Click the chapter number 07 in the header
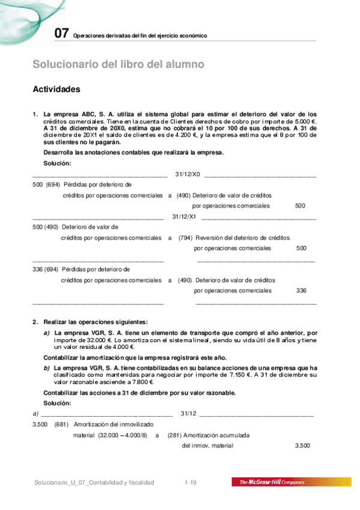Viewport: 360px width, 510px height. (x=61, y=34)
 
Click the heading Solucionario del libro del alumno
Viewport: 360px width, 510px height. (x=118, y=64)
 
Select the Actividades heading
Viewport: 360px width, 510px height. (x=56, y=89)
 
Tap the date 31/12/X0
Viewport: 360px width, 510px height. (x=187, y=174)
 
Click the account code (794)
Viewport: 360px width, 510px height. (x=185, y=238)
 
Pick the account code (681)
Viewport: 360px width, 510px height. (x=61, y=425)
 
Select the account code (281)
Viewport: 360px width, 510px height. (x=175, y=435)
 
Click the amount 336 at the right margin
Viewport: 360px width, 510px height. (x=301, y=290)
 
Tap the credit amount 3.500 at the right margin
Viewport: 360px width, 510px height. (x=302, y=446)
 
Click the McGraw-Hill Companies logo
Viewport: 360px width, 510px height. (x=276, y=482)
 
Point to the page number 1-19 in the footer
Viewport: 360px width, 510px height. (x=191, y=482)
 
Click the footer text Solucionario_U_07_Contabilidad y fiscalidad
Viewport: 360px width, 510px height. (x=94, y=482)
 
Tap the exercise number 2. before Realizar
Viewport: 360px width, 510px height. (x=35, y=322)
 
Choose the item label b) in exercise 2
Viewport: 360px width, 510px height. (x=46, y=367)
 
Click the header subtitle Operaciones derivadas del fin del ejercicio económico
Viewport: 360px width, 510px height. (x=140, y=36)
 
